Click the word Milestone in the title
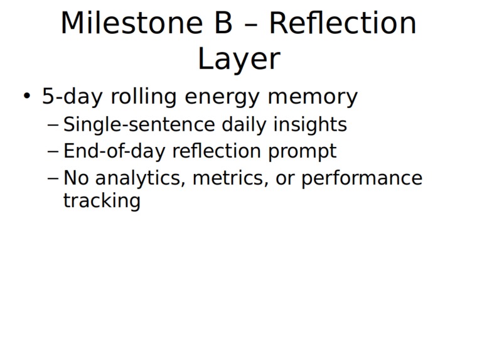[132, 23]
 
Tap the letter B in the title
[224, 23]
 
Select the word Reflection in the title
[343, 23]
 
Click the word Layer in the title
[238, 59]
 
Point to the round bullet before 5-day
[27, 95]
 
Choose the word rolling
[144, 97]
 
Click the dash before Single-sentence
[53, 125]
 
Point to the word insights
[310, 124]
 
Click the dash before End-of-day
[53, 151]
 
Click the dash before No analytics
[53, 178]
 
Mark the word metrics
[230, 178]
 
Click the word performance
[362, 178]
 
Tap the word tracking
[102, 201]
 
